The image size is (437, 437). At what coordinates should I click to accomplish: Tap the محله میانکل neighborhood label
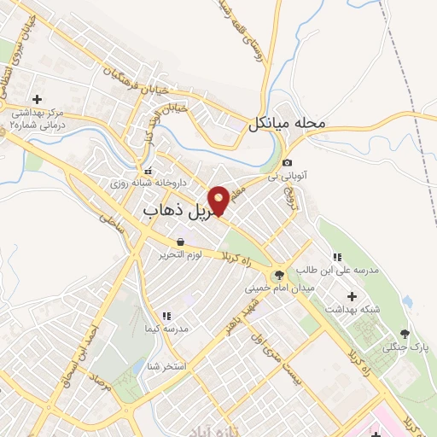point(288,124)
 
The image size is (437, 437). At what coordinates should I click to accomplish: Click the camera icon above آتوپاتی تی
point(288,163)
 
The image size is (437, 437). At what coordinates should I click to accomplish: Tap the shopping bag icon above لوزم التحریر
point(180,242)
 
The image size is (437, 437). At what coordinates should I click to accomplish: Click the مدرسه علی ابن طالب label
point(336,271)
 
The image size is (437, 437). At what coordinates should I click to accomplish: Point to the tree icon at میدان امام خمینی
point(277,275)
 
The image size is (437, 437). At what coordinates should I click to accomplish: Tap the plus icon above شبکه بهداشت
point(352,295)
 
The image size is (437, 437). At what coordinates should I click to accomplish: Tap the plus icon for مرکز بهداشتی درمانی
point(37,99)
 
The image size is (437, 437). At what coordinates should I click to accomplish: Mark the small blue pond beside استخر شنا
point(137,367)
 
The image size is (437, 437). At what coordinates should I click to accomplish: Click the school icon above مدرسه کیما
point(166,316)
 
